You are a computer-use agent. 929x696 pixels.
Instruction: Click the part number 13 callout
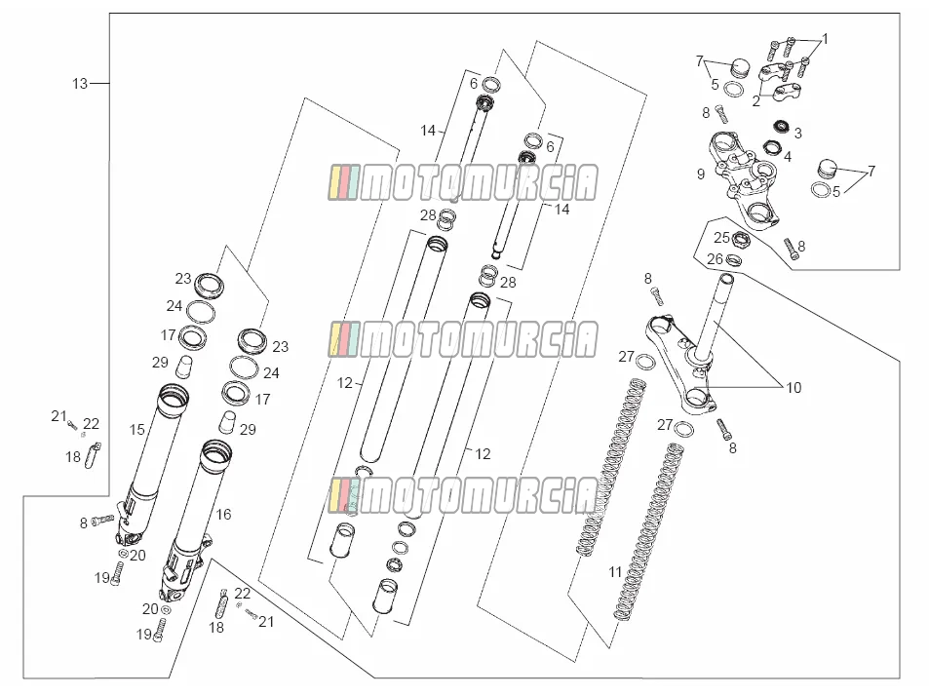[x=80, y=84]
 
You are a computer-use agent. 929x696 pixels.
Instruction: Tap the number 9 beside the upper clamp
[x=701, y=174]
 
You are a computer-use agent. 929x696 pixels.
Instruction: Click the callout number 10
[x=794, y=388]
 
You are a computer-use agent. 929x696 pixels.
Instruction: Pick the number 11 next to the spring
[x=615, y=572]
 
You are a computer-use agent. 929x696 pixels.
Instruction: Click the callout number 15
[x=136, y=430]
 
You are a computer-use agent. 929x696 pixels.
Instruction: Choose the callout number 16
[x=223, y=514]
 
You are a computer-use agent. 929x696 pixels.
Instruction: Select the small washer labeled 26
[x=734, y=259]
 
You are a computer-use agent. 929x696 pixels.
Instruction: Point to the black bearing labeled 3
[x=783, y=126]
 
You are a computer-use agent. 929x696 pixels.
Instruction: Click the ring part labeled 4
[x=771, y=147]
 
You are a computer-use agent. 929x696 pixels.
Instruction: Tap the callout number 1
[x=826, y=39]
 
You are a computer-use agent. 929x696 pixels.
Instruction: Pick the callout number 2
[x=756, y=101]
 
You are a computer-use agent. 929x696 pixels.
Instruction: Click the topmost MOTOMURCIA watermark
[x=463, y=182]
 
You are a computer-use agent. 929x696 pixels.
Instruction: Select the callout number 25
[x=721, y=238]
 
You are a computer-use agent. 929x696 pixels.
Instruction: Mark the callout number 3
[x=798, y=134]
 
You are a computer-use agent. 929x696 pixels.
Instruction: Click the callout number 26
[x=716, y=259]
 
